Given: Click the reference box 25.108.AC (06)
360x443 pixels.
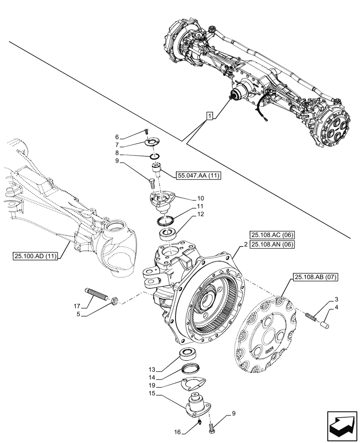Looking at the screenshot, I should [x=272, y=235].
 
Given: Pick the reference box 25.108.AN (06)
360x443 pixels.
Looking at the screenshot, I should [x=272, y=244].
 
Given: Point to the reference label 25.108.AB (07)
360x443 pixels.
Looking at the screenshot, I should [x=315, y=278].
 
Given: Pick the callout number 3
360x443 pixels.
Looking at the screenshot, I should [x=337, y=299].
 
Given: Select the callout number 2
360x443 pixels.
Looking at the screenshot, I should [x=245, y=244].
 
